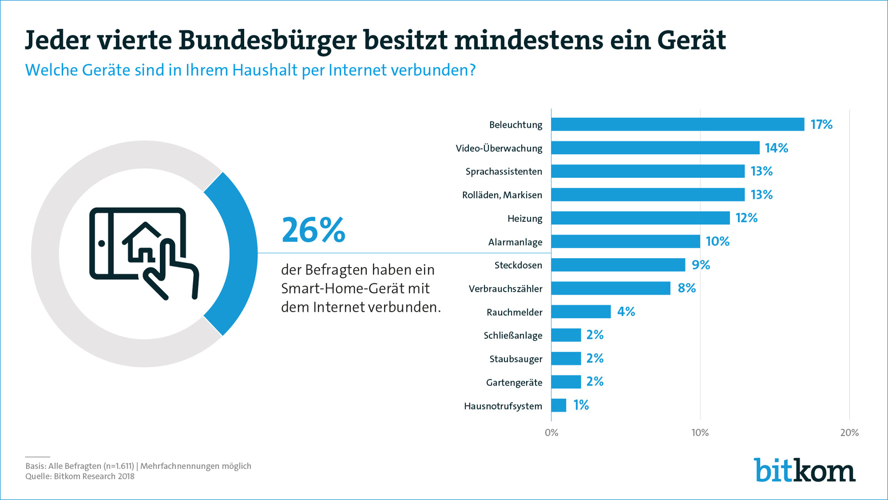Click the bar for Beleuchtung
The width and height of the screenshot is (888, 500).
pos(677,124)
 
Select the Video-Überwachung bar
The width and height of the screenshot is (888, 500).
pos(655,148)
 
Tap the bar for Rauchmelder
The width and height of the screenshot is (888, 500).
pos(581,312)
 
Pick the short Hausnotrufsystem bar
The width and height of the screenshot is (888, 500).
pos(558,406)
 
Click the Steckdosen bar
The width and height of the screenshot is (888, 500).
pos(618,265)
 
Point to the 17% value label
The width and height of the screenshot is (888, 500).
pos(821,124)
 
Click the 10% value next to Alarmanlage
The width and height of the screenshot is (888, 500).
pos(717,242)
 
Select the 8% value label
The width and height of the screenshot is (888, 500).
pos(687,288)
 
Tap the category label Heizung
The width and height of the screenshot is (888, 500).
pos(524,218)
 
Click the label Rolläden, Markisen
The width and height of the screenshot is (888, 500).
pos(502,195)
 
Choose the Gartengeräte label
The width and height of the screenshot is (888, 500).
pos(514,382)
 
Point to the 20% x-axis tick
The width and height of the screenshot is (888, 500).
pos(849,433)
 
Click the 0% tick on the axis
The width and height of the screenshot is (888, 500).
pos(551,433)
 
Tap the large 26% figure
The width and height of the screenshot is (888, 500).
pos(314,231)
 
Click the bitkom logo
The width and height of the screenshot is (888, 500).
pos(804,471)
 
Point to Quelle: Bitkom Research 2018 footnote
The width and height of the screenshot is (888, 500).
pos(80,476)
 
